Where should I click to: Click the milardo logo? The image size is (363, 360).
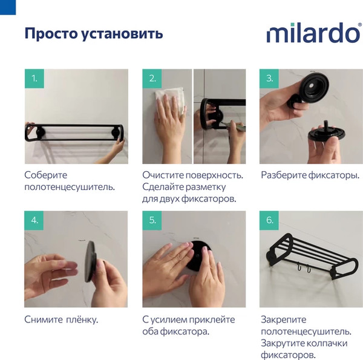(x=313, y=33)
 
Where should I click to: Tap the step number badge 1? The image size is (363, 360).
(x=34, y=79)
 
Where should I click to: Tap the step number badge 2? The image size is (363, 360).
(x=152, y=79)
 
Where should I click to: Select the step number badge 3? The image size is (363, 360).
(x=270, y=79)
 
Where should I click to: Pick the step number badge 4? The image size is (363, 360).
(x=34, y=220)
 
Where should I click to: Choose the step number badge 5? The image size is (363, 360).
(x=152, y=220)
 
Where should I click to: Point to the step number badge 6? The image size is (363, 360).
(x=270, y=220)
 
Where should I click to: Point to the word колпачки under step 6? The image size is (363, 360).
(x=327, y=343)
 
